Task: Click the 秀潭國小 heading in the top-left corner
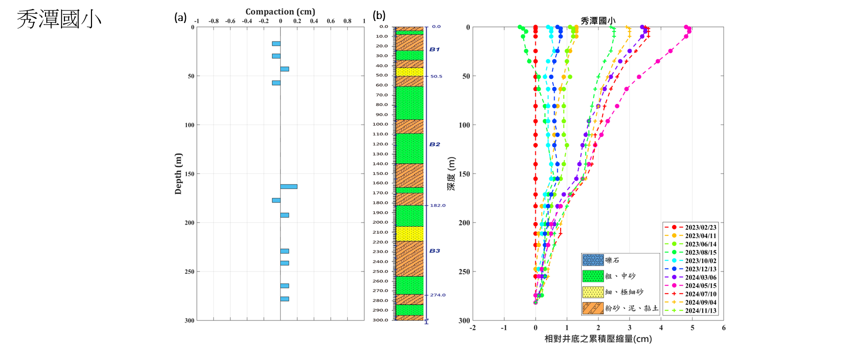(x=59, y=19)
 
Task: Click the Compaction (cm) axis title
(x=280, y=11)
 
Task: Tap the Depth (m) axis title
(x=178, y=173)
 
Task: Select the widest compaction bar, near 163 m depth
(x=288, y=186)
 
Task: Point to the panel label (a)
(x=180, y=17)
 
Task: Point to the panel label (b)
(x=379, y=16)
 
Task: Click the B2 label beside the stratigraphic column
(x=435, y=144)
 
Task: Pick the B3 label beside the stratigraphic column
(x=435, y=251)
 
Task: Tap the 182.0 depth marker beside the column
(x=438, y=205)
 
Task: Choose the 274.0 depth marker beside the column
(x=438, y=295)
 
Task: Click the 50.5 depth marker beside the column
(x=436, y=76)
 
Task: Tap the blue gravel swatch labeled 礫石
(x=593, y=260)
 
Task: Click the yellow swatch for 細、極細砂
(x=593, y=292)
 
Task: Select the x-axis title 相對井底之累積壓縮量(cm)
(x=598, y=339)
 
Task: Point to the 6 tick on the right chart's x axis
(x=724, y=328)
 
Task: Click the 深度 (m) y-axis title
(x=451, y=173)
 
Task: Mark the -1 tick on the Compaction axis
(x=197, y=21)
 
